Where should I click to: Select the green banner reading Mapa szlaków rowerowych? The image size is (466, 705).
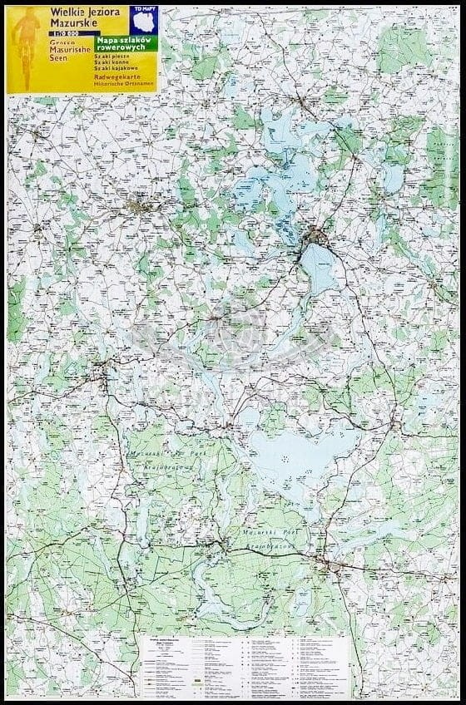[x=125, y=44]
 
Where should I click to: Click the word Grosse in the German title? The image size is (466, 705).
[x=61, y=43]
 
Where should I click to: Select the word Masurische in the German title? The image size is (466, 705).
[x=66, y=52]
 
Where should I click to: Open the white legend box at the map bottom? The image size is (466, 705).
[x=245, y=665]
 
